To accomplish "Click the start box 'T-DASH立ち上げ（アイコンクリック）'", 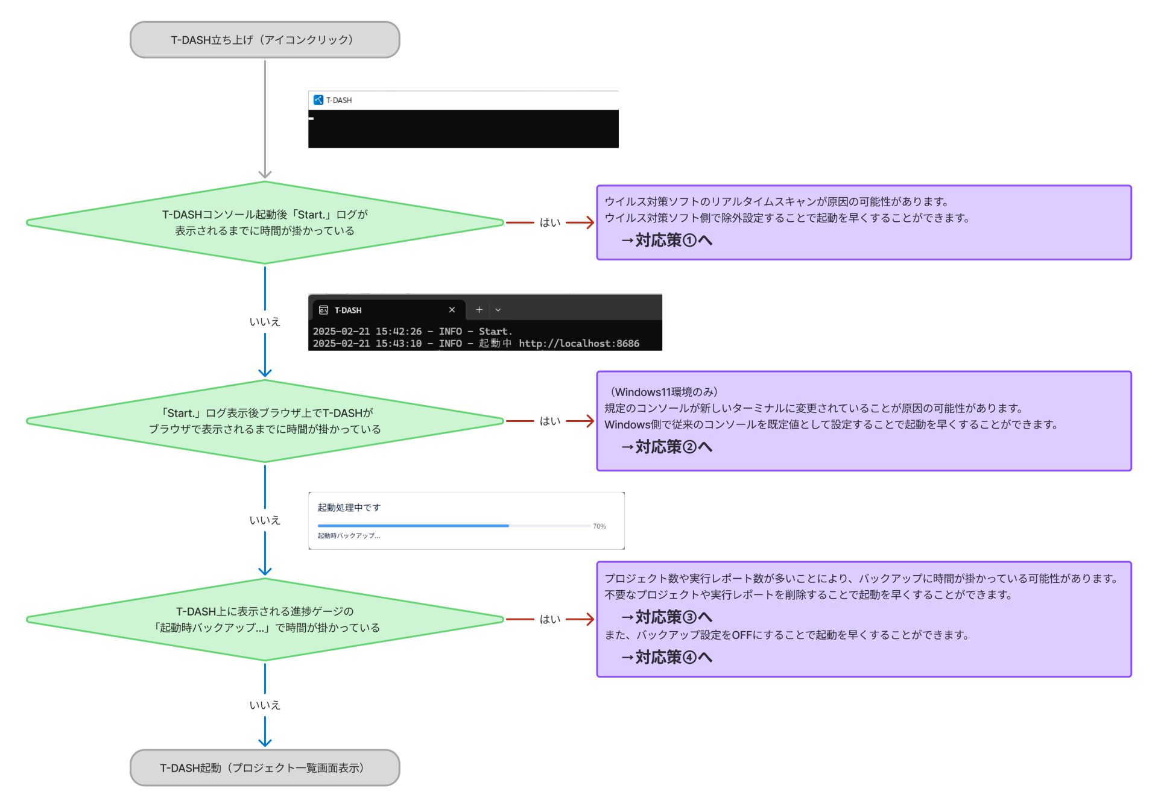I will click(x=264, y=40).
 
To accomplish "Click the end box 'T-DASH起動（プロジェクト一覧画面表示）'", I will click(x=264, y=767).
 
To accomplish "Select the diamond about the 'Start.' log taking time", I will click(x=264, y=222).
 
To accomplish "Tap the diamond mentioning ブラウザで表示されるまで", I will click(x=264, y=421).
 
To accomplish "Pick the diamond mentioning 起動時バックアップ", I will click(x=264, y=619).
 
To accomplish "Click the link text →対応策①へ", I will click(x=666, y=241).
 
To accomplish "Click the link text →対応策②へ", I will click(x=666, y=447).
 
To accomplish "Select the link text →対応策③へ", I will click(x=666, y=617).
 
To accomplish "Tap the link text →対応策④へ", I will click(x=666, y=657).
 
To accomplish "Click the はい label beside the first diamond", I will click(x=549, y=222).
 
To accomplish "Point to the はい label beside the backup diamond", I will click(x=549, y=619).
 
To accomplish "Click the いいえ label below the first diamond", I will click(x=265, y=322).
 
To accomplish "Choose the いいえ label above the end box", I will click(x=265, y=705).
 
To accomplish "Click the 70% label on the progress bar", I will click(x=599, y=526).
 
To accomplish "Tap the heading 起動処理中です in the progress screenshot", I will click(x=349, y=508).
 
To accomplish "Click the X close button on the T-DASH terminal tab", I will click(x=452, y=310).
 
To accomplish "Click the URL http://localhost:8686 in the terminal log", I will click(x=578, y=344).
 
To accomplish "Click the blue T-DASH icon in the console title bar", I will click(x=318, y=100).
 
